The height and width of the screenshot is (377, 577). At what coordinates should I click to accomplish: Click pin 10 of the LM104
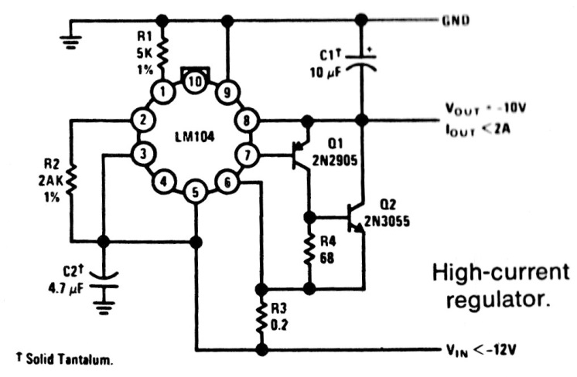tap(195, 81)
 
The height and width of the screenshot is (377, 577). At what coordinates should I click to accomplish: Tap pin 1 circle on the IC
tap(162, 92)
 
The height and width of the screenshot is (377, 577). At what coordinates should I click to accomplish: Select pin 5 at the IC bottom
tap(196, 192)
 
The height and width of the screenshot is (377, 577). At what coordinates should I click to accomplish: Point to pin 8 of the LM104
tap(247, 121)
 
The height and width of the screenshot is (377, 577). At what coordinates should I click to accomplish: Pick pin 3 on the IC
tap(143, 154)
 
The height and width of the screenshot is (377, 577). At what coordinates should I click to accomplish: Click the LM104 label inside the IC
tap(195, 137)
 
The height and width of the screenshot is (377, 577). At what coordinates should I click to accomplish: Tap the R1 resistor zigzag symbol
tap(162, 53)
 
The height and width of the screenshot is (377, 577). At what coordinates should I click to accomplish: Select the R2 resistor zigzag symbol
tap(71, 180)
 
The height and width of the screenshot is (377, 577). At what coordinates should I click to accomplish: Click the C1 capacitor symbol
tap(362, 62)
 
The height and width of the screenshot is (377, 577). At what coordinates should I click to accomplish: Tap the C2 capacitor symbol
tap(104, 280)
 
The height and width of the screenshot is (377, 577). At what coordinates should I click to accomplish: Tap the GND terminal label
tap(456, 20)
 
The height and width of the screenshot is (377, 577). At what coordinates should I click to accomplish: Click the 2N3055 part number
tap(387, 221)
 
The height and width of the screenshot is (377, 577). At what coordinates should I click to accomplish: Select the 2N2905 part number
tap(335, 160)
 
